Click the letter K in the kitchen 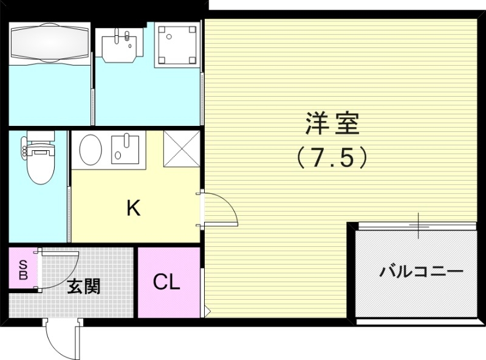pyautogui.click(x=133, y=209)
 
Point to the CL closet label pyautogui.click(x=166, y=282)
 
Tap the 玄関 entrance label pyautogui.click(x=83, y=285)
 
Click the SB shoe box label pyautogui.click(x=23, y=270)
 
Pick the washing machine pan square pyautogui.click(x=177, y=43)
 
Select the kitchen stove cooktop pyautogui.click(x=125, y=149)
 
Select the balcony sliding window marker pyautogui.click(x=419, y=225)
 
